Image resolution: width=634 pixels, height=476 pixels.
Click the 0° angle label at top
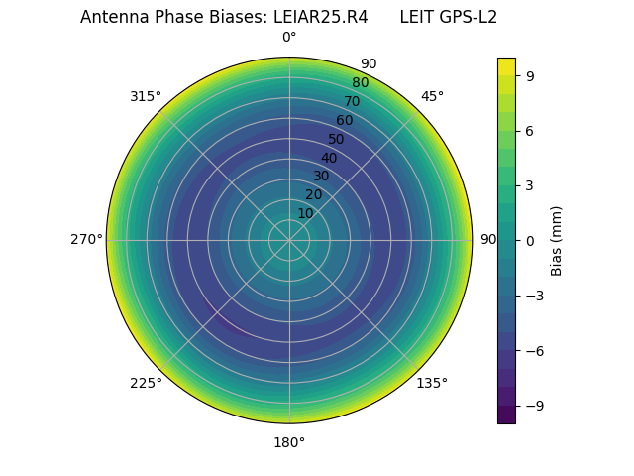click(289, 38)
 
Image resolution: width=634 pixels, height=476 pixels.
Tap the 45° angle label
click(432, 96)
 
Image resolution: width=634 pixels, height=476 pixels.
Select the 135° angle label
click(432, 383)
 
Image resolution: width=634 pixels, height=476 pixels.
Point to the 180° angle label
click(289, 442)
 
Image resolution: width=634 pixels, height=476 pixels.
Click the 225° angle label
click(146, 383)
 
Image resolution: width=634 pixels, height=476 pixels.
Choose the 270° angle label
click(86, 240)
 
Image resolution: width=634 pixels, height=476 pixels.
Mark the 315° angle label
click(146, 96)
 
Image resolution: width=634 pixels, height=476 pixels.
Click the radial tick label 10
click(305, 213)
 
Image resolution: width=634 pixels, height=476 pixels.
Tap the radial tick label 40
click(329, 158)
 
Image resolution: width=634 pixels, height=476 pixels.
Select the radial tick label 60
click(345, 120)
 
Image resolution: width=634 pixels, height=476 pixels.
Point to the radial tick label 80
click(361, 82)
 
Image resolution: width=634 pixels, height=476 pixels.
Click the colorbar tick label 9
click(530, 75)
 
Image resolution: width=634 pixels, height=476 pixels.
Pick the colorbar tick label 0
click(530, 240)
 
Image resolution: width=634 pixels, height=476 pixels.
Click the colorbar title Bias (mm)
click(557, 240)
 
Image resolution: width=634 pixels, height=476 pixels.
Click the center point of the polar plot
click(289, 240)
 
